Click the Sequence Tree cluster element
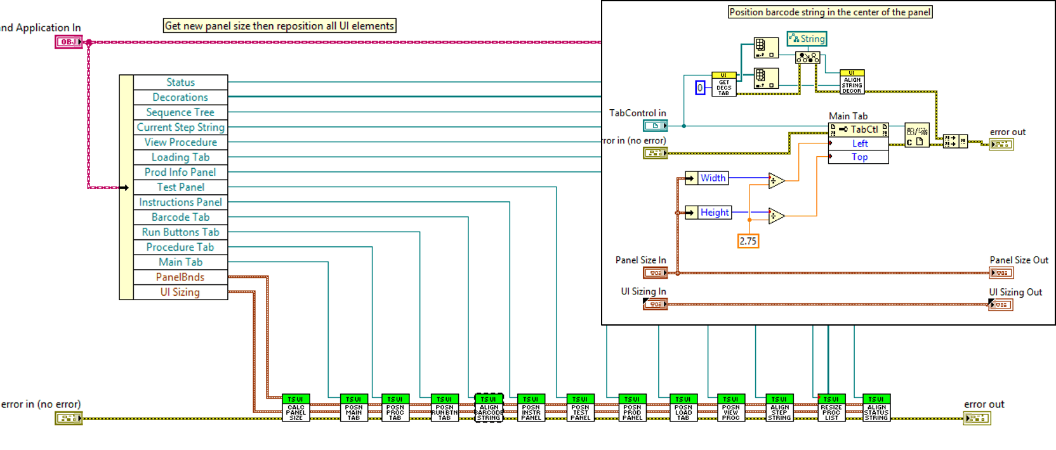tap(180, 112)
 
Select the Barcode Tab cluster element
tap(180, 217)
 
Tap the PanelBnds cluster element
tap(180, 277)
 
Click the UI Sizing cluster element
tap(180, 292)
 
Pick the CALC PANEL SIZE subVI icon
tap(296, 408)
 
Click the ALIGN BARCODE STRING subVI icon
tap(489, 408)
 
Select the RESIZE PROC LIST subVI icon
tap(831, 408)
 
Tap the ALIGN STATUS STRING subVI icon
tap(876, 408)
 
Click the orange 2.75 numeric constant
tap(748, 241)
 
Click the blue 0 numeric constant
tap(700, 88)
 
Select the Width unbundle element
tap(713, 178)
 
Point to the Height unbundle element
tap(714, 213)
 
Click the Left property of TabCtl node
tap(859, 143)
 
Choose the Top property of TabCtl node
tap(859, 157)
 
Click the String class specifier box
tap(807, 39)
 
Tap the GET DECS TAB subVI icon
tap(724, 84)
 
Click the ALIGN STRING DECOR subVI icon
tap(852, 83)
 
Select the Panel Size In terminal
tap(656, 273)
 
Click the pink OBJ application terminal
tap(69, 42)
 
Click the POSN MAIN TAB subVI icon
tap(353, 408)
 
